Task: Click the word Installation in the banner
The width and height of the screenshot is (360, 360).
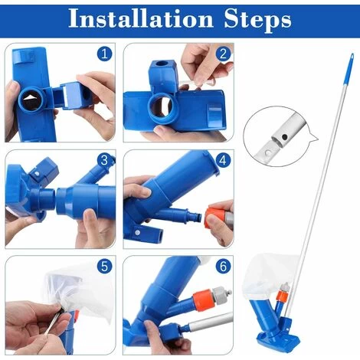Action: click(141, 18)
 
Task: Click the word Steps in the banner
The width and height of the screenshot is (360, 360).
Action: click(257, 20)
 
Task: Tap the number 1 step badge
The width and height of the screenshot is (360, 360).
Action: click(104, 54)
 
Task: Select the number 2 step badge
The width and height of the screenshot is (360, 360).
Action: click(223, 54)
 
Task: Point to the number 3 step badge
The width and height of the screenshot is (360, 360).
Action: click(104, 160)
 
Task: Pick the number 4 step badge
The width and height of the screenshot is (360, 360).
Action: click(223, 160)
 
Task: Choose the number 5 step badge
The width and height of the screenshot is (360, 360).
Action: click(104, 267)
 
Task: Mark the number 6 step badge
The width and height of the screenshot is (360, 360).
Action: click(223, 267)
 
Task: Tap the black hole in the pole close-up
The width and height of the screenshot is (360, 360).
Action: click(284, 138)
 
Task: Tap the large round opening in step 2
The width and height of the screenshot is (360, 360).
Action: click(162, 109)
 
